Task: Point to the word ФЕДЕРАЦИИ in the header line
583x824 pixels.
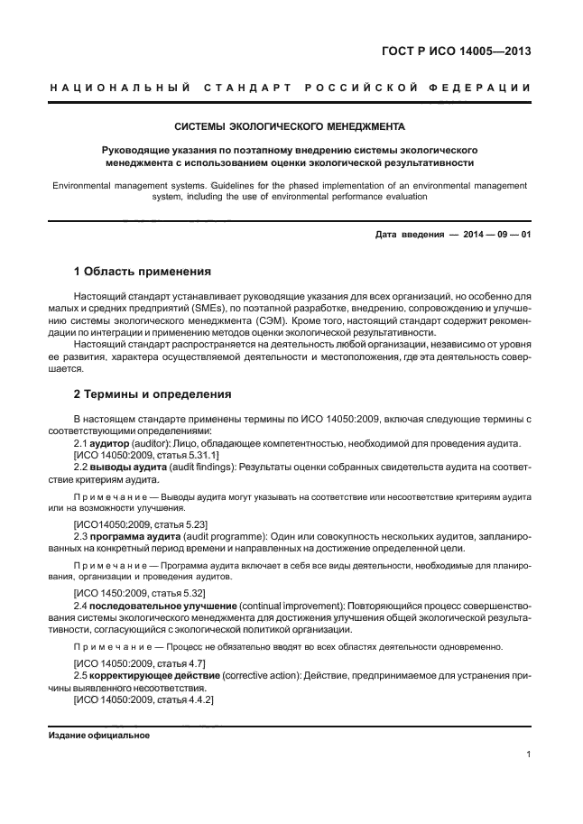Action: coord(481,88)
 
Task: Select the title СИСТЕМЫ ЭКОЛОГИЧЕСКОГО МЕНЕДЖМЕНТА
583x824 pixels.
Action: coord(290,126)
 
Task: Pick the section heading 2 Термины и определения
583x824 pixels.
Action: coord(153,394)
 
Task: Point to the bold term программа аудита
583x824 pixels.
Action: coord(134,537)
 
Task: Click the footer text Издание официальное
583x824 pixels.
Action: coord(98,735)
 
